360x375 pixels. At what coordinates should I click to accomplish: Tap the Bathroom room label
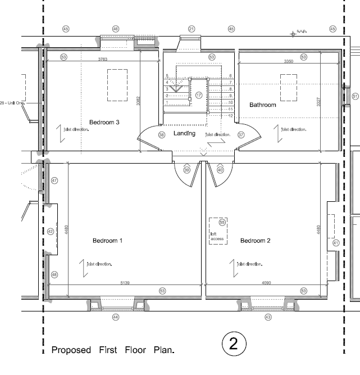pyautogui.click(x=263, y=105)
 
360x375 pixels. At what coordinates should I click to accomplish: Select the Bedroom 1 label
pyautogui.click(x=108, y=241)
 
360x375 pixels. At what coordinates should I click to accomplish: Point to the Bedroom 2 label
pyautogui.click(x=256, y=241)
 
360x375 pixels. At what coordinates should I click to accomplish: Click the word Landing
pyautogui.click(x=184, y=133)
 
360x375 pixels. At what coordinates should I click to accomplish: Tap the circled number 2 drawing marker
pyautogui.click(x=234, y=343)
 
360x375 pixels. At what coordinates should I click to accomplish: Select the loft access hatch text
pyautogui.click(x=217, y=237)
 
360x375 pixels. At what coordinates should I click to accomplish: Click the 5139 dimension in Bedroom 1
pyautogui.click(x=124, y=283)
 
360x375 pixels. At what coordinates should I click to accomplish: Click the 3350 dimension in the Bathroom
pyautogui.click(x=289, y=60)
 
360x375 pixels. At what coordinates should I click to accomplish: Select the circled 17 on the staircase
pyautogui.click(x=198, y=95)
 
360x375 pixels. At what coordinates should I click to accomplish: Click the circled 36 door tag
pyautogui.click(x=162, y=135)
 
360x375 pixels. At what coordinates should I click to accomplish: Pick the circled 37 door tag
pyautogui.click(x=241, y=135)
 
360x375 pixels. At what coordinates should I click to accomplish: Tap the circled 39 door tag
pyautogui.click(x=187, y=170)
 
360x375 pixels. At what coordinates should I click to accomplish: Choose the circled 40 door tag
pyautogui.click(x=220, y=170)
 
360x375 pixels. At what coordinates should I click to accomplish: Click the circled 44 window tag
pyautogui.click(x=116, y=317)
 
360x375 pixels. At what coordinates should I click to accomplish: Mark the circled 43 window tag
pyautogui.click(x=268, y=317)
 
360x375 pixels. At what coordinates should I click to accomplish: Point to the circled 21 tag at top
pyautogui.click(x=191, y=28)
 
